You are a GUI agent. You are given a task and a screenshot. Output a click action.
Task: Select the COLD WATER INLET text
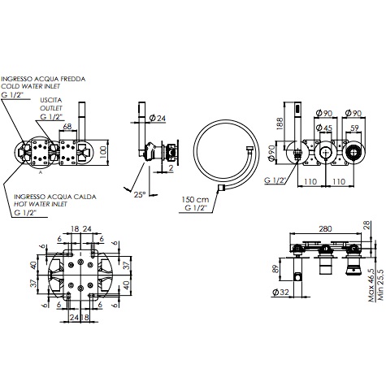coord(33,86)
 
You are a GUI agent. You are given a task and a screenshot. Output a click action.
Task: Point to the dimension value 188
coord(279,124)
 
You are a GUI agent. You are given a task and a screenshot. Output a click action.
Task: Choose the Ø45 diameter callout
coord(323,127)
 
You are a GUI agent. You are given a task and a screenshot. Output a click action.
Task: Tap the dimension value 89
coord(275,270)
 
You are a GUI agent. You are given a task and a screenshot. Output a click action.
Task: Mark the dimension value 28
coord(366,224)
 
